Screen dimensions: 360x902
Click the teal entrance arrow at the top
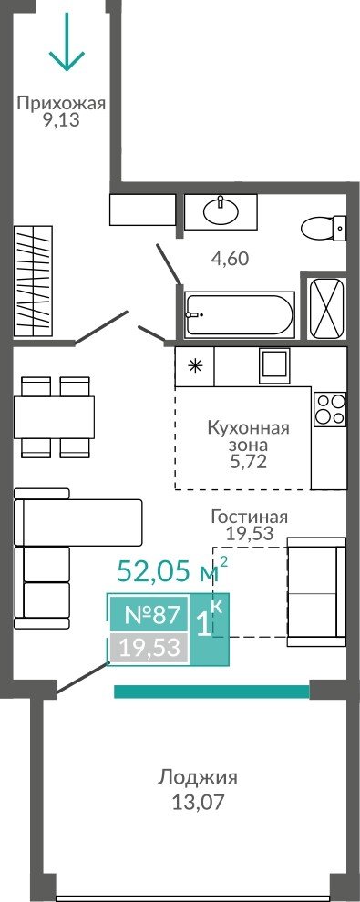click(67, 42)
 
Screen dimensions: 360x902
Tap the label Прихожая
click(61, 104)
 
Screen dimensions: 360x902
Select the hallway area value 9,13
click(61, 121)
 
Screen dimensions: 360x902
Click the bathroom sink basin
click(221, 211)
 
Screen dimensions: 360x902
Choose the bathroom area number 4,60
click(230, 259)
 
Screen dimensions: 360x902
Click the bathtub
click(239, 314)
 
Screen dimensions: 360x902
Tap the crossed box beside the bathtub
click(327, 307)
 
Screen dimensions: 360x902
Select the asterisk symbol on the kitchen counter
click(196, 366)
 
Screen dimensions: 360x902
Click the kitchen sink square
click(275, 365)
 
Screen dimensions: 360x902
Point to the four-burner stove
click(330, 409)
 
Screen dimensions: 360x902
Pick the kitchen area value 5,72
click(248, 461)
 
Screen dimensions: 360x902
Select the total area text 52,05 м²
click(172, 570)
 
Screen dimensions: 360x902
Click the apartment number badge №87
click(149, 615)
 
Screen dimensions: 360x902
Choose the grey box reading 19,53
click(149, 648)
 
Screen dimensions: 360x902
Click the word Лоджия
click(198, 778)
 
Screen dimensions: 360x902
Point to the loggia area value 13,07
click(198, 803)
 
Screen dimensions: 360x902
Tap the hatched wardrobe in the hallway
click(34, 281)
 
